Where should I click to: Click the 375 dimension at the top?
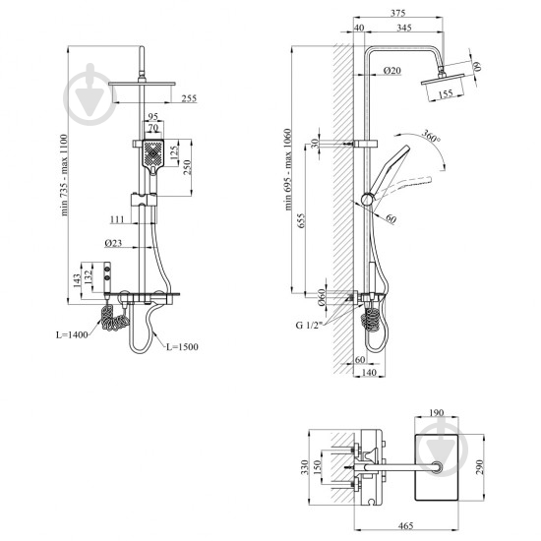(397, 13)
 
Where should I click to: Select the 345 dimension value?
(404, 28)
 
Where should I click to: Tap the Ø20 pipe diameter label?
(392, 71)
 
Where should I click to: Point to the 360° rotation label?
(431, 136)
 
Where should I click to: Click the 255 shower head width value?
(189, 98)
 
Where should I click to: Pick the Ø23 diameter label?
(113, 243)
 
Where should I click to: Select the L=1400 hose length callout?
(72, 334)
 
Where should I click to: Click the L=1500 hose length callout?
(182, 346)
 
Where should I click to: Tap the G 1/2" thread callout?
(309, 325)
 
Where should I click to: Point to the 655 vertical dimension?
(301, 220)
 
